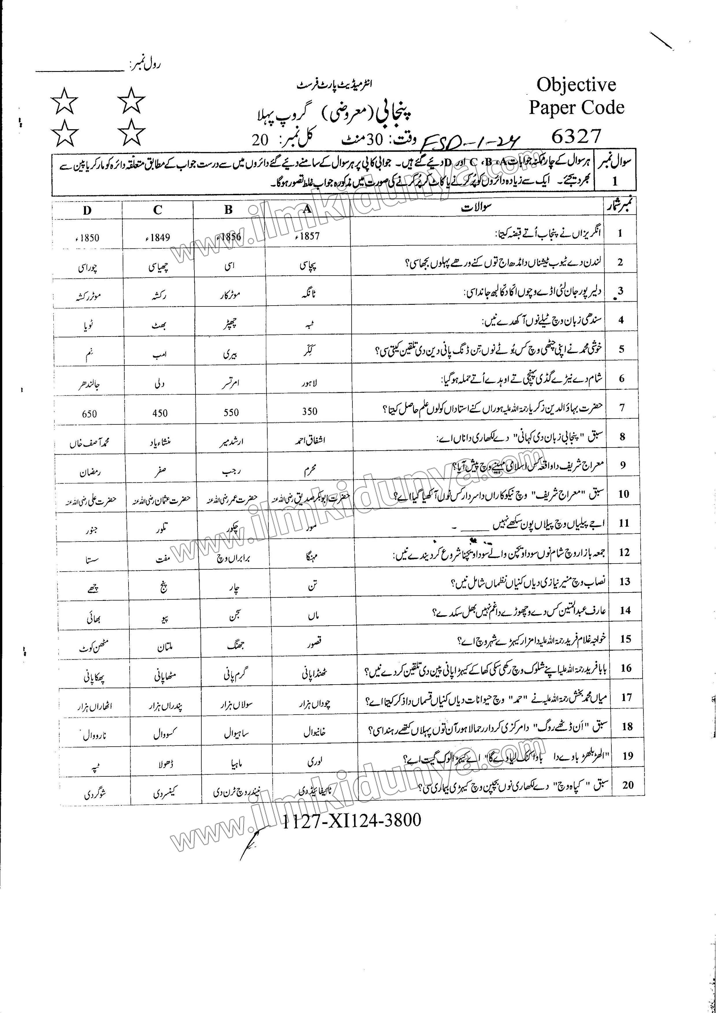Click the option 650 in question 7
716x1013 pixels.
tap(89, 414)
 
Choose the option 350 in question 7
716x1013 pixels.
tap(310, 411)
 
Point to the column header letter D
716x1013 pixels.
tap(87, 211)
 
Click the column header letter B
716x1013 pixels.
tap(228, 210)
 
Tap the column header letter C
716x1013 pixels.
tap(158, 210)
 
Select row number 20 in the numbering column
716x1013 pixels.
tap(627, 785)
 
